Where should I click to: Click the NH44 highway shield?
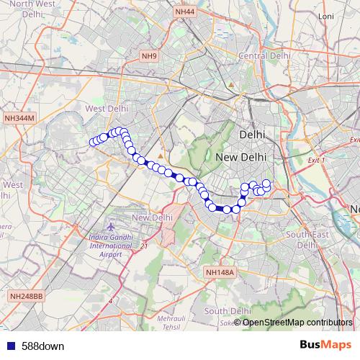pyautogui.click(x=184, y=12)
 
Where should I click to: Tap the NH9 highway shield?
pyautogui.click(x=149, y=55)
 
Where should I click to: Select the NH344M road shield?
pyautogui.click(x=19, y=117)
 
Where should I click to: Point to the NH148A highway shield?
pyautogui.click(x=220, y=272)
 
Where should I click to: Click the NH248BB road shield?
pyautogui.click(x=27, y=296)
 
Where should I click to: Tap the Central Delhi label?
pyautogui.click(x=264, y=55)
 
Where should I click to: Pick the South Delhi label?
pyautogui.click(x=227, y=310)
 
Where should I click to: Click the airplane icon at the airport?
pyautogui.click(x=111, y=228)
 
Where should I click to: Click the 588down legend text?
pyautogui.click(x=42, y=346)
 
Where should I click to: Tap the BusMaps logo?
pyautogui.click(x=325, y=346)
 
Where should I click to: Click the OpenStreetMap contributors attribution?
pyautogui.click(x=297, y=322)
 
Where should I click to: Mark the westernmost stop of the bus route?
pyautogui.click(x=93, y=142)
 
